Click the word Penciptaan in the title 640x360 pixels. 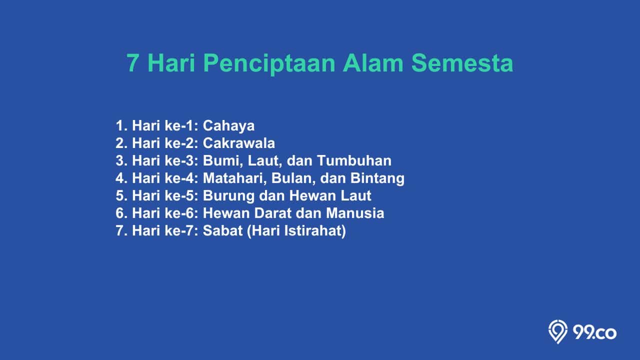269,63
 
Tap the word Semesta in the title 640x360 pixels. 462,63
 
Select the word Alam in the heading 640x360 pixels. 373,63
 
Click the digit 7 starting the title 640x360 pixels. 133,63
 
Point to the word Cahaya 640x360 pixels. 228,126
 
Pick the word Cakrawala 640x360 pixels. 239,143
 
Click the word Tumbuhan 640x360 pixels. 354,160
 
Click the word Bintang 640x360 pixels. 377,178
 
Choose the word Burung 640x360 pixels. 228,196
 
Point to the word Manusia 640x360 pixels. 355,213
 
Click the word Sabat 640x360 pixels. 222,230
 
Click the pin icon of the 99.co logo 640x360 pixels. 557,331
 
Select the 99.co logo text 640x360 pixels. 594,333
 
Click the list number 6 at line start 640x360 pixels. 119,213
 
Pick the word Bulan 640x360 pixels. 293,178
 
